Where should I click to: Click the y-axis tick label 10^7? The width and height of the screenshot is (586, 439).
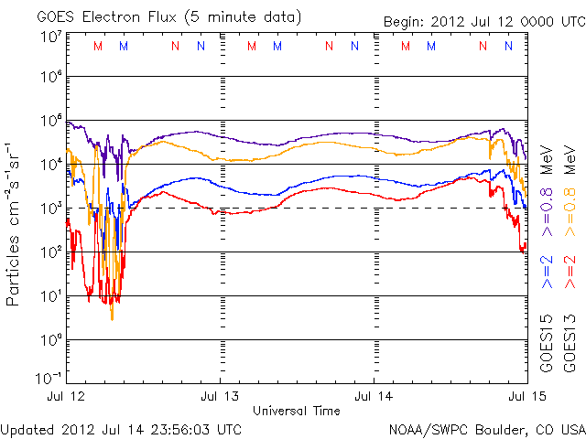pyautogui.click(x=51, y=37)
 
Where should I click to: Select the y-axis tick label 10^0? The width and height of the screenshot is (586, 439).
pyautogui.click(x=51, y=339)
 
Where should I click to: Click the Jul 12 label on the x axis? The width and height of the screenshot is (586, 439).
pyautogui.click(x=64, y=396)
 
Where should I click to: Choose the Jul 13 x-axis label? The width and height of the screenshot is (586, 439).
pyautogui.click(x=220, y=396)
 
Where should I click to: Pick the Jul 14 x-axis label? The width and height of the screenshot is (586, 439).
pyautogui.click(x=374, y=396)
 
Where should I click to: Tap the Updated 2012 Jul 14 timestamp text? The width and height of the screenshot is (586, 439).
pyautogui.click(x=121, y=427)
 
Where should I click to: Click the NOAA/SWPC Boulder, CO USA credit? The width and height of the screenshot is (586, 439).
pyautogui.click(x=485, y=427)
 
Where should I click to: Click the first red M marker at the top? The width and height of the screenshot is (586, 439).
pyautogui.click(x=98, y=47)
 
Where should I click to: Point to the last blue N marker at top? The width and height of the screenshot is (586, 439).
pyautogui.click(x=510, y=47)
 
